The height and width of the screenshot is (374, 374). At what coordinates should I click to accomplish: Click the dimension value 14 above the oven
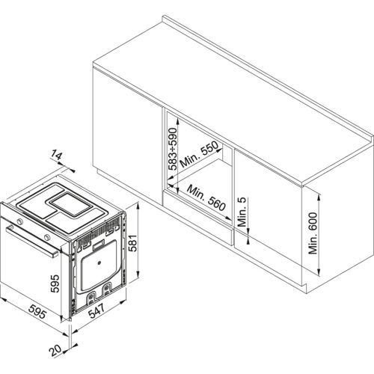[57, 156]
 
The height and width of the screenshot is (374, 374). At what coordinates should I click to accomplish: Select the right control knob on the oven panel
[49, 237]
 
